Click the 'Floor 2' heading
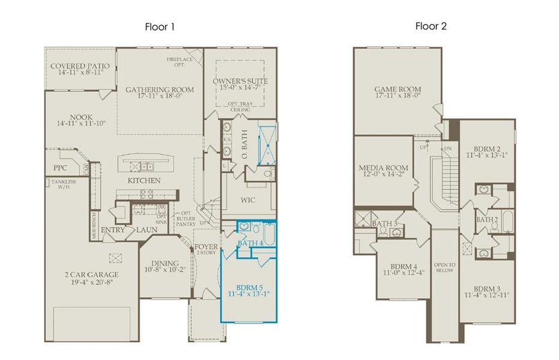pyautogui.click(x=431, y=26)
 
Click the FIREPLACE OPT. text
pyautogui.click(x=180, y=61)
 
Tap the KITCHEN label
pyautogui.click(x=144, y=181)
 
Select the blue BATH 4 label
pyautogui.click(x=250, y=243)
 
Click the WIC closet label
pyautogui.click(x=249, y=199)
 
